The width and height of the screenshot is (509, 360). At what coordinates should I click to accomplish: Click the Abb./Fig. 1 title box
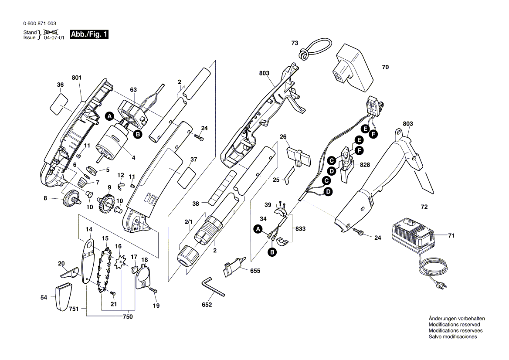click(x=89, y=35)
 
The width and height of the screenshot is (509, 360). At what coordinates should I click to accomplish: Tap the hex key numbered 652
click(x=212, y=288)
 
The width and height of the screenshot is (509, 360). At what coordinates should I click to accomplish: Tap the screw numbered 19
click(x=153, y=290)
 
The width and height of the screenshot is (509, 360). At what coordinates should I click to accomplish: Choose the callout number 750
click(x=127, y=317)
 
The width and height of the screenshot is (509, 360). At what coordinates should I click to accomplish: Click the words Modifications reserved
click(x=454, y=325)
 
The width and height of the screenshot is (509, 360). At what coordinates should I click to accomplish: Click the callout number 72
click(x=424, y=207)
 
